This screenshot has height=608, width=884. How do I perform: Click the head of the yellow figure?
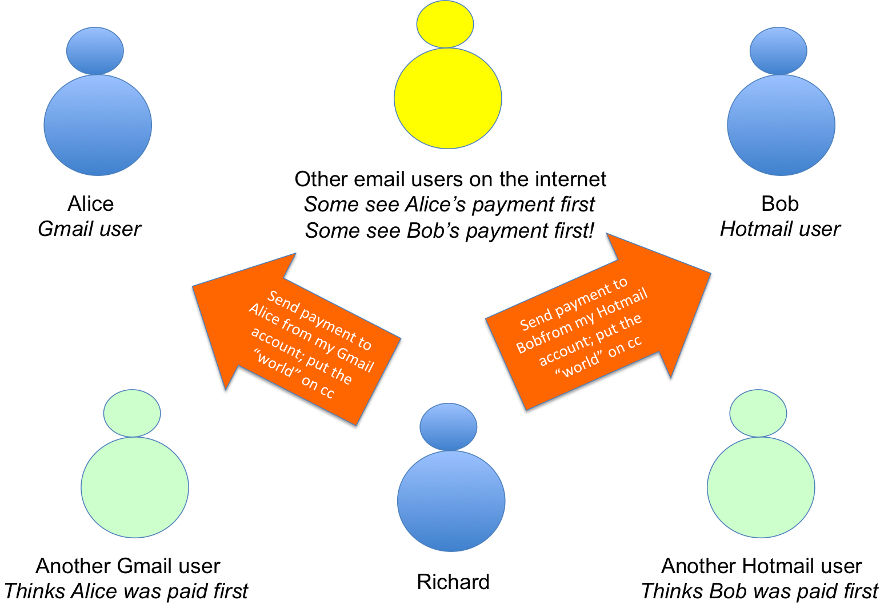(445, 24)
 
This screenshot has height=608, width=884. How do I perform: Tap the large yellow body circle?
(448, 98)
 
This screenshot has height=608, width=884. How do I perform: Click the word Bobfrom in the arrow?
(537, 338)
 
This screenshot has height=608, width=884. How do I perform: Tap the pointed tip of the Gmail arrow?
(193, 285)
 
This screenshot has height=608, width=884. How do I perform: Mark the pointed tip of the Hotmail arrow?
(710, 273)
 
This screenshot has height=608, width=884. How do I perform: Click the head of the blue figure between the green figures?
(448, 426)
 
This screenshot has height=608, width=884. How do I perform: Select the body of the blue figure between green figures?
(451, 501)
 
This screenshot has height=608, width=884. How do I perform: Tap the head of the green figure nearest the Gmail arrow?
(132, 413)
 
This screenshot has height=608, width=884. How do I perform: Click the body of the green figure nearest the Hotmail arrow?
(761, 487)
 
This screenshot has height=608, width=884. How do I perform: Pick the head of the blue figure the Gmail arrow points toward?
(95, 50)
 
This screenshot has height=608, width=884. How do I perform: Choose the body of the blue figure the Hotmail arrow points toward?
(781, 125)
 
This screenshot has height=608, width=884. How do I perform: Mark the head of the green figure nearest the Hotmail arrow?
(758, 413)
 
